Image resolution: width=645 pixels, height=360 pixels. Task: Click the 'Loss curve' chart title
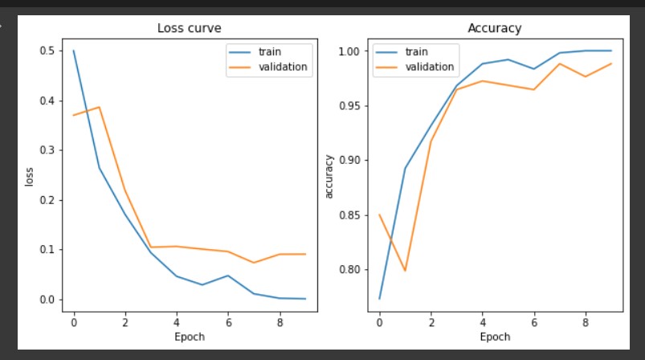click(x=189, y=28)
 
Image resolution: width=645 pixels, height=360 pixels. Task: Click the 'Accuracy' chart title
click(x=494, y=28)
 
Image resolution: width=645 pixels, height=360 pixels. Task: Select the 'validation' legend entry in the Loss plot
click(x=282, y=67)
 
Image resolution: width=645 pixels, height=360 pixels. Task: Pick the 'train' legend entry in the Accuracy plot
click(x=416, y=51)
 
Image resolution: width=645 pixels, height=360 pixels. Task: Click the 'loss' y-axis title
click(x=30, y=175)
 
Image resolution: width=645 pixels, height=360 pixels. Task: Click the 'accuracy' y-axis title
click(x=328, y=175)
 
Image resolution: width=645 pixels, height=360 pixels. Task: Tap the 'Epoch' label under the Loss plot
click(x=189, y=337)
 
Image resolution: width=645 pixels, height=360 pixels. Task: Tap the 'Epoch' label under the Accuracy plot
click(x=494, y=337)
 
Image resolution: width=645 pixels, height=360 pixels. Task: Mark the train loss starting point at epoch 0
click(x=74, y=51)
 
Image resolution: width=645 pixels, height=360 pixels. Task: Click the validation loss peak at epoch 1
click(x=99, y=107)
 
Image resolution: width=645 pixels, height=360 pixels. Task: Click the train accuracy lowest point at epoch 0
click(x=379, y=299)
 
